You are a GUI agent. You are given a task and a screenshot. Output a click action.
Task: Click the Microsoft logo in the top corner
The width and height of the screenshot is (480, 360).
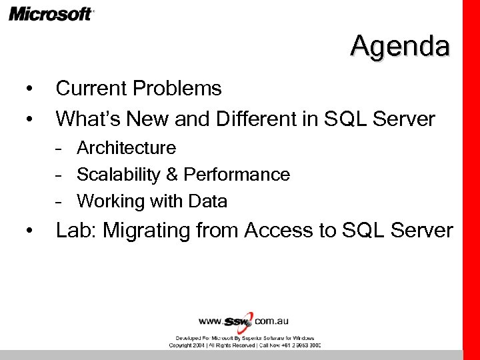pyautogui.click(x=51, y=13)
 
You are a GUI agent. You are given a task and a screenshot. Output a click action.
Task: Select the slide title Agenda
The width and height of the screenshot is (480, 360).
pyautogui.click(x=400, y=46)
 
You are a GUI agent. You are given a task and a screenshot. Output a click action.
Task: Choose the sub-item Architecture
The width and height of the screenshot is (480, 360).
pyautogui.click(x=126, y=147)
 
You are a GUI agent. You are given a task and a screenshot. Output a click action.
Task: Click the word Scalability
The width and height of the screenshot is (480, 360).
pyautogui.click(x=118, y=175)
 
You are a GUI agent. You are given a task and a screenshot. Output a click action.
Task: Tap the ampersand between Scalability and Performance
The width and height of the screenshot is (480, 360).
pyautogui.click(x=171, y=175)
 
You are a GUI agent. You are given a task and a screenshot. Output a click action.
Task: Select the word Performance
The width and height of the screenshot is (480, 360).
pyautogui.click(x=237, y=175)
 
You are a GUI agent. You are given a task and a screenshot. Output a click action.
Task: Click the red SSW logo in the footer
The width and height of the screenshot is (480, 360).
pyautogui.click(x=239, y=321)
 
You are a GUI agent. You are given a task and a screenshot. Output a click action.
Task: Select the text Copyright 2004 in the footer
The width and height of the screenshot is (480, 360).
pyautogui.click(x=189, y=345)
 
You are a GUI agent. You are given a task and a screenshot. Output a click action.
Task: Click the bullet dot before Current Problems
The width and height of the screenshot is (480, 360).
pyautogui.click(x=29, y=89)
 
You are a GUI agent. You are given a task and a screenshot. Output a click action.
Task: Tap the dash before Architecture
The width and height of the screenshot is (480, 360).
pyautogui.click(x=60, y=148)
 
